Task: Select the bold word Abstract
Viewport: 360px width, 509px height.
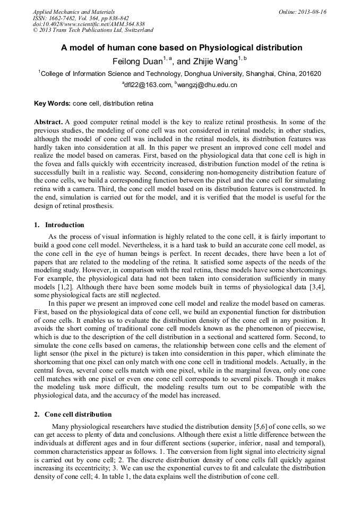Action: click(48, 122)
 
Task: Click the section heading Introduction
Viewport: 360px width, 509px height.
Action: click(64, 225)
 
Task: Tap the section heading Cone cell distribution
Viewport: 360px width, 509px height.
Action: click(78, 414)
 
